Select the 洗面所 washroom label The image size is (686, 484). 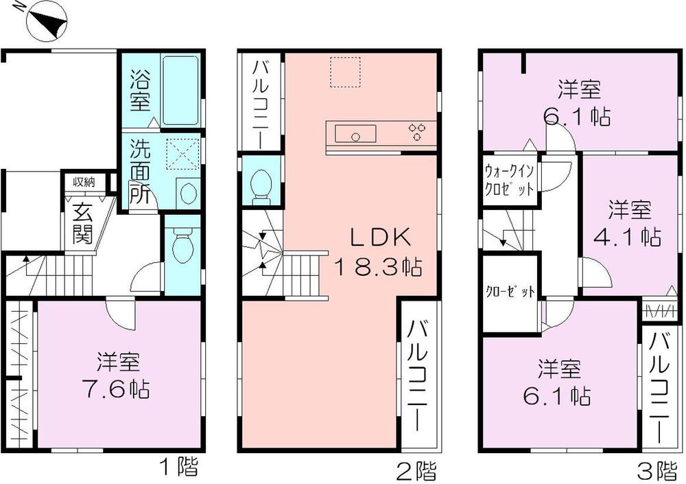(x=139, y=171)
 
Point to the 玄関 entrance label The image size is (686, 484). (x=82, y=224)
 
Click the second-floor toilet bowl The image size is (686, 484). (x=261, y=185)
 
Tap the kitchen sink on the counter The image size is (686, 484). (x=355, y=135)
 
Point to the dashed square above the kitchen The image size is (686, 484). (x=345, y=72)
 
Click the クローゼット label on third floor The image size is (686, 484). (x=509, y=291)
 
